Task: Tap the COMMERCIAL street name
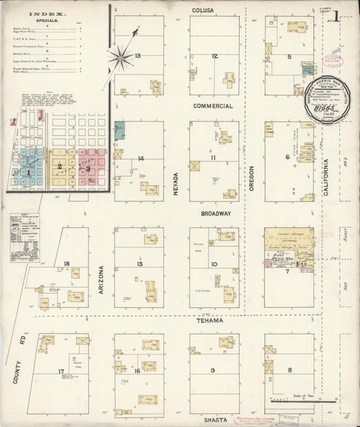213,106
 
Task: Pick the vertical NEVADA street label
175,183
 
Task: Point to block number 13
137,55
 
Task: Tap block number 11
213,157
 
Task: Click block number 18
66,263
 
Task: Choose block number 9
213,370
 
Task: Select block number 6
287,157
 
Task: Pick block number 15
139,263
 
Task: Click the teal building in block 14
120,131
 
